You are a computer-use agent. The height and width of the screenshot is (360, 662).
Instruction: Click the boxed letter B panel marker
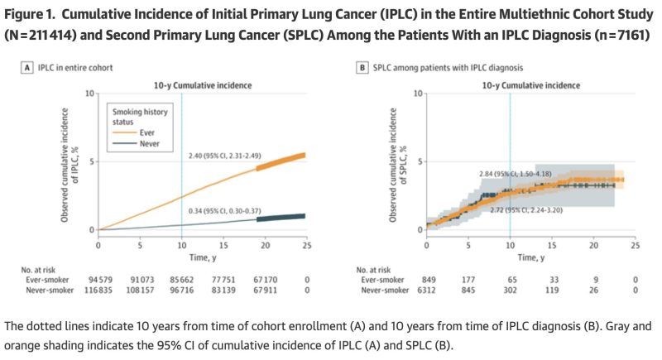tap(362, 68)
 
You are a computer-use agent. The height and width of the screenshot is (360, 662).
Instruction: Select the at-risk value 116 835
tap(98, 290)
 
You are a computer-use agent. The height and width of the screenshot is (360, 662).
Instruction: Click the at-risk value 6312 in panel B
tap(427, 290)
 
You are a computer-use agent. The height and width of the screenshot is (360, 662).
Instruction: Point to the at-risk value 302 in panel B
tap(510, 290)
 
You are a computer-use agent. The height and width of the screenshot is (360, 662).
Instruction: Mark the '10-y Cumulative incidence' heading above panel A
tap(202, 84)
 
